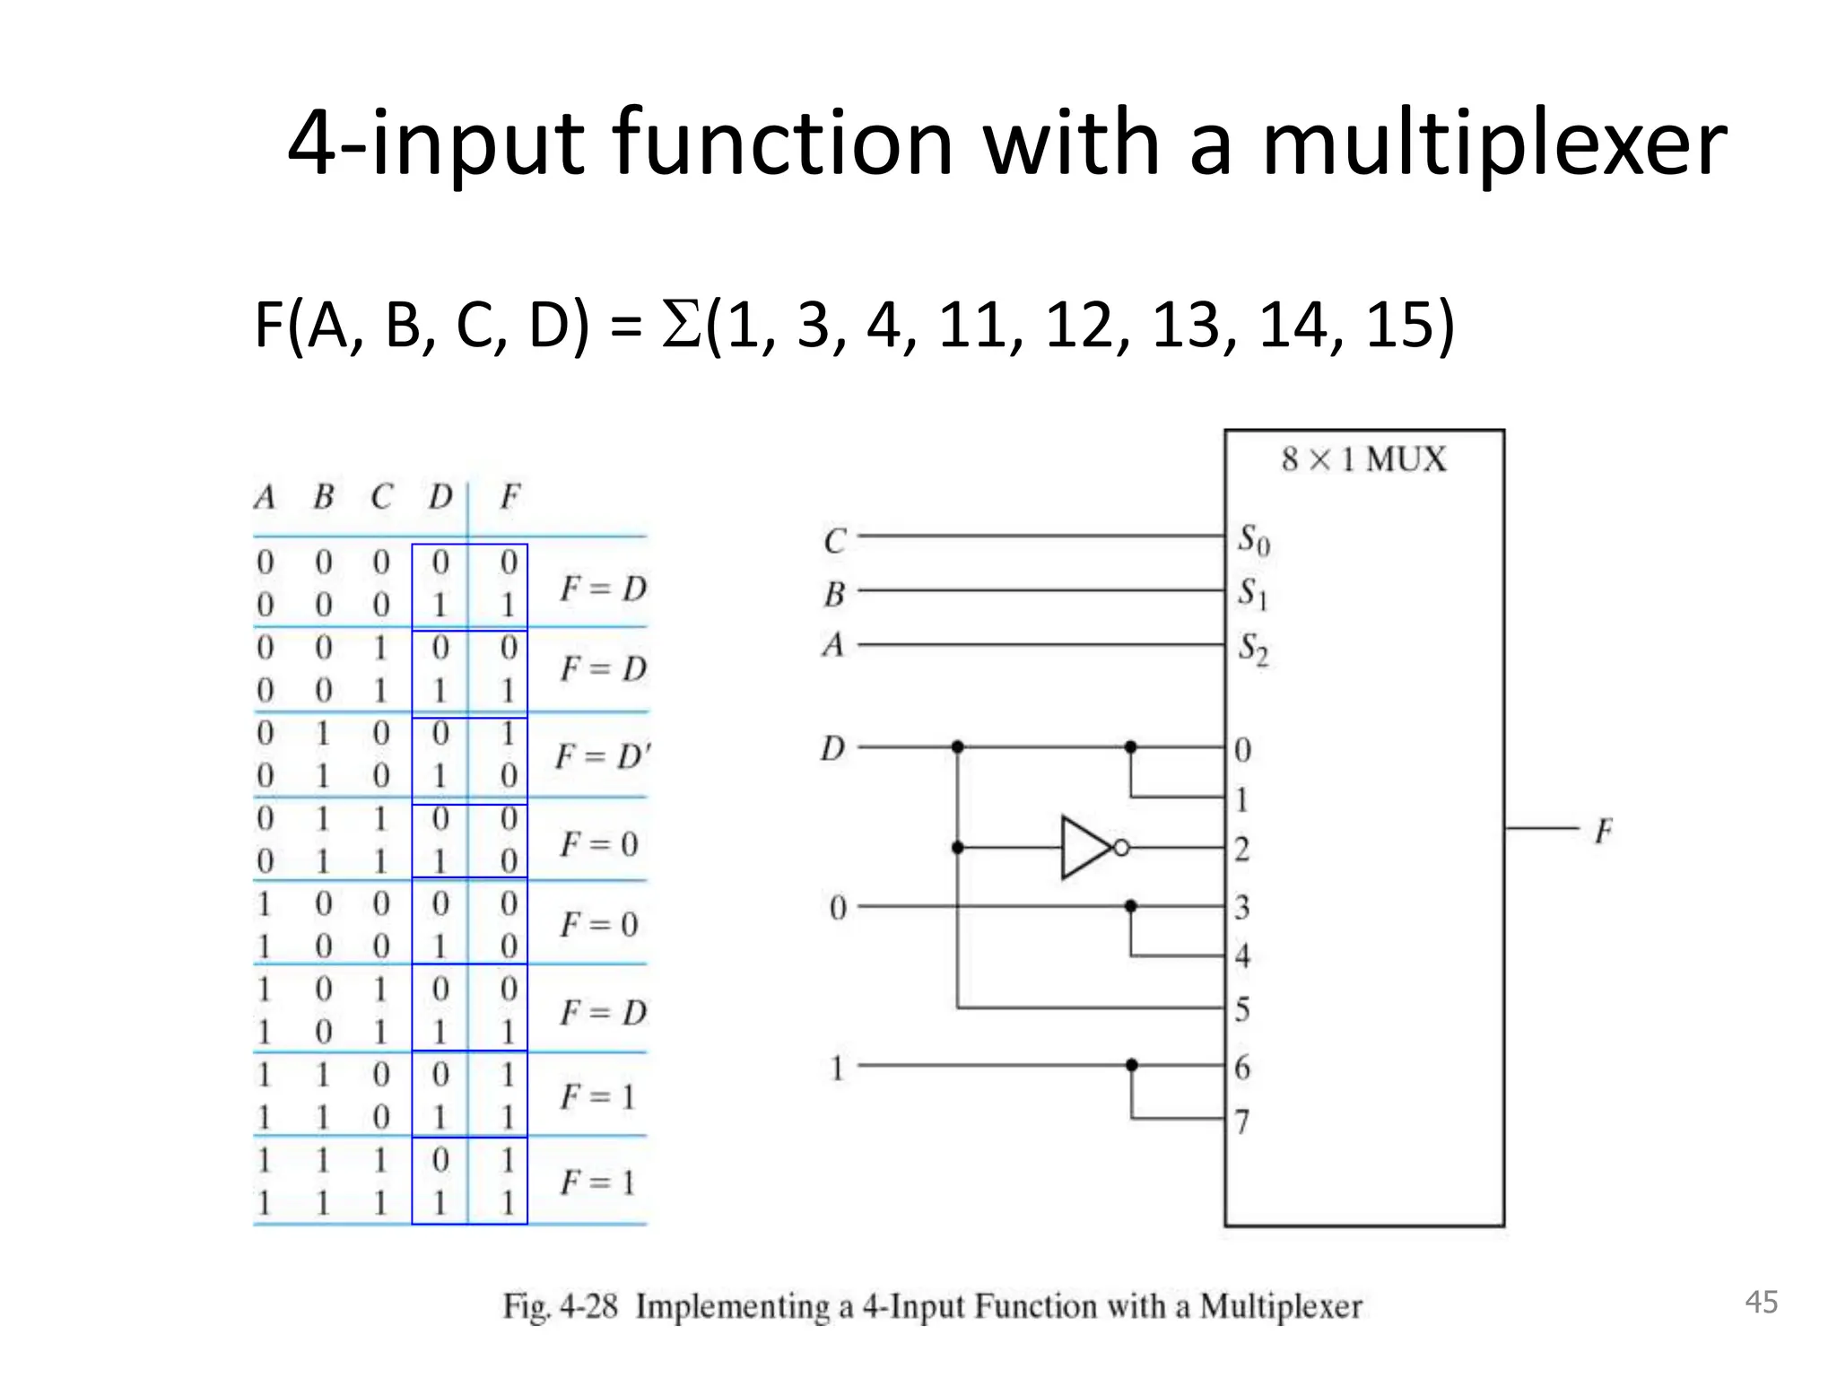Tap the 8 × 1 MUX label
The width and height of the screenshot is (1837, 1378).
(1363, 459)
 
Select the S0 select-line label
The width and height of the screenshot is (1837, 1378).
(1253, 540)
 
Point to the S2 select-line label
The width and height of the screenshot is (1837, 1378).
(1253, 649)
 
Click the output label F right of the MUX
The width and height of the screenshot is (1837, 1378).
(1603, 832)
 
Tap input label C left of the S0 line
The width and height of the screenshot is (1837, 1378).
(834, 541)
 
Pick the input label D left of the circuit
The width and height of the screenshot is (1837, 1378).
(832, 748)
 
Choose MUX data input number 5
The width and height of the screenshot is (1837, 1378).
(1242, 1010)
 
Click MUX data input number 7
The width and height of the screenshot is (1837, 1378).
(1242, 1121)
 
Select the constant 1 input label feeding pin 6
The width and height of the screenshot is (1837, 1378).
(837, 1068)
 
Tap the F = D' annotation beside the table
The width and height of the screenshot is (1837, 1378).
(601, 756)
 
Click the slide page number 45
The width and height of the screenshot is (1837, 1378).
(1761, 1303)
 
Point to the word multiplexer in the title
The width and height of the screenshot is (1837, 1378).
(1493, 144)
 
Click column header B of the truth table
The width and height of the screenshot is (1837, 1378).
(324, 496)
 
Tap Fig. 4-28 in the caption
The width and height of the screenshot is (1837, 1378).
(560, 1306)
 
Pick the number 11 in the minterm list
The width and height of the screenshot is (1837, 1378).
(974, 325)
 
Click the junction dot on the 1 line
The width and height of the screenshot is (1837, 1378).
(1131, 1065)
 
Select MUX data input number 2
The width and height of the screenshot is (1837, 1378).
(1242, 849)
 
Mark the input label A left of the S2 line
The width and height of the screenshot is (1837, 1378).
(833, 644)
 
